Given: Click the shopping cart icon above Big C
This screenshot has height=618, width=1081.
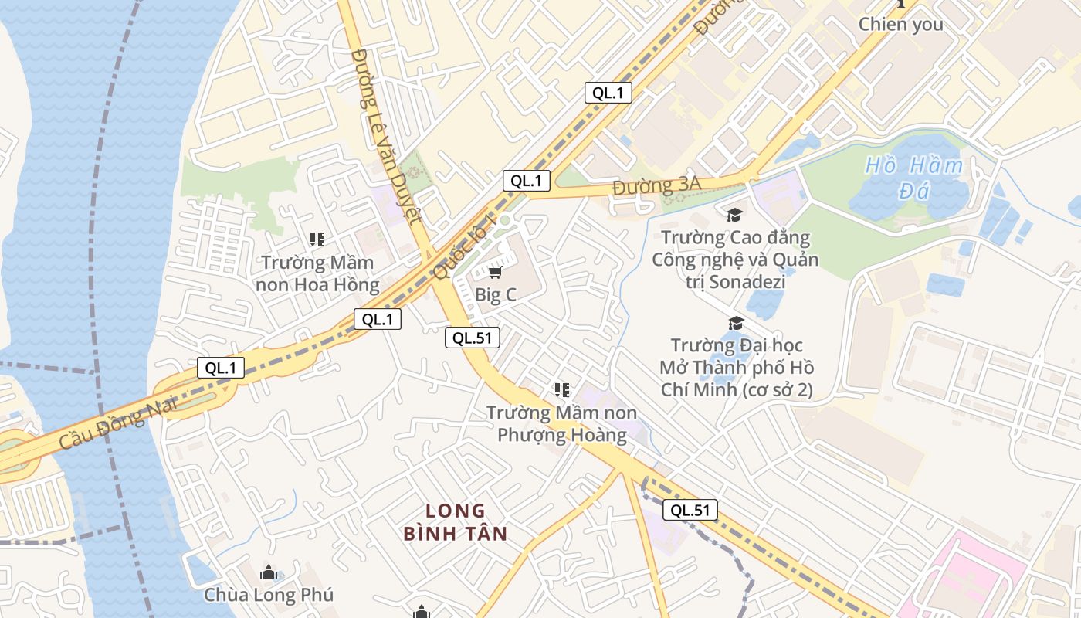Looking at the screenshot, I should coord(496,272).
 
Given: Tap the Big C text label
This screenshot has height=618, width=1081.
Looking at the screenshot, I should coord(496,294).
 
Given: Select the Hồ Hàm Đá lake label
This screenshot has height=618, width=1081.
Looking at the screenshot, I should coord(914,178).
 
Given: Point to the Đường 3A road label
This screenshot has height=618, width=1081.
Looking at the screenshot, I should coord(656,185).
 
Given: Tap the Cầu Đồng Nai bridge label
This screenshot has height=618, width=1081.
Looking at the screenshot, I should coord(117,423).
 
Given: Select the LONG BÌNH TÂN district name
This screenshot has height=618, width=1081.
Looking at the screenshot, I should coord(456,522).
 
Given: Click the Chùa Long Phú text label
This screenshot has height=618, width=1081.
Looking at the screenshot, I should coord(269,595).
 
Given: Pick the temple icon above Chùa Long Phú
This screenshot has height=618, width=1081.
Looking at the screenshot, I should coord(269,572).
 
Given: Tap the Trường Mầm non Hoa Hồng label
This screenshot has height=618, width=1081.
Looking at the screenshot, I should coord(317,273).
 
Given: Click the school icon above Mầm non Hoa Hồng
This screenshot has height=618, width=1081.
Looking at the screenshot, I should coord(317,239).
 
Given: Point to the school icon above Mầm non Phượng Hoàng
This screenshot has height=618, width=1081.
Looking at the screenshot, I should coord(562,390).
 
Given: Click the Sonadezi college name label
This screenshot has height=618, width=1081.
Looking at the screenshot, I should coord(735,259).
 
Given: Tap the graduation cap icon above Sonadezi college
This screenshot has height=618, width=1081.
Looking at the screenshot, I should coord(734,215).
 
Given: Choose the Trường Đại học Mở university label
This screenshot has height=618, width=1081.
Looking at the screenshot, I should coord(737,367).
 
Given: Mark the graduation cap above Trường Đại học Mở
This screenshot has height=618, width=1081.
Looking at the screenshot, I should coord(736,323).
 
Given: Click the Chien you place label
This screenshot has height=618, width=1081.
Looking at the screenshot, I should coord(901,24).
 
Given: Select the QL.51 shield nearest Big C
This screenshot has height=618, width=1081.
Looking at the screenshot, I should coord(473,338).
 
